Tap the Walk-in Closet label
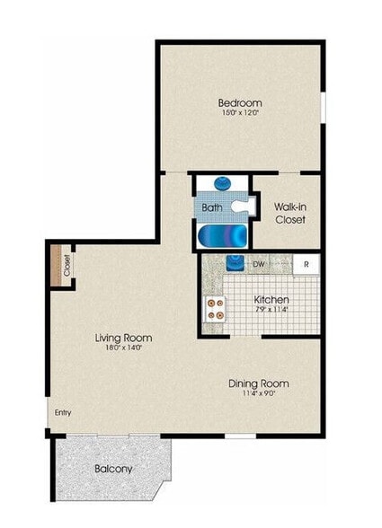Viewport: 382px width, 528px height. pos(289,213)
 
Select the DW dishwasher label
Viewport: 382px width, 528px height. pos(258,264)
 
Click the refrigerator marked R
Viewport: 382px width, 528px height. pos(306,264)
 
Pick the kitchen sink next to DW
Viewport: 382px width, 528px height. pos(235,264)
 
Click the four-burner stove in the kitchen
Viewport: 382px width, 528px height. pos(216,309)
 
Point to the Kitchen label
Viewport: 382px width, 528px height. pos(271,300)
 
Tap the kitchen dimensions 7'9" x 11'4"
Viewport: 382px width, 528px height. pos(271,311)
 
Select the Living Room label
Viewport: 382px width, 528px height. pos(123,338)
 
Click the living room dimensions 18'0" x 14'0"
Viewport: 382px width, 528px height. pos(123,348)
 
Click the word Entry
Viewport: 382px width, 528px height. pos(63,413)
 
